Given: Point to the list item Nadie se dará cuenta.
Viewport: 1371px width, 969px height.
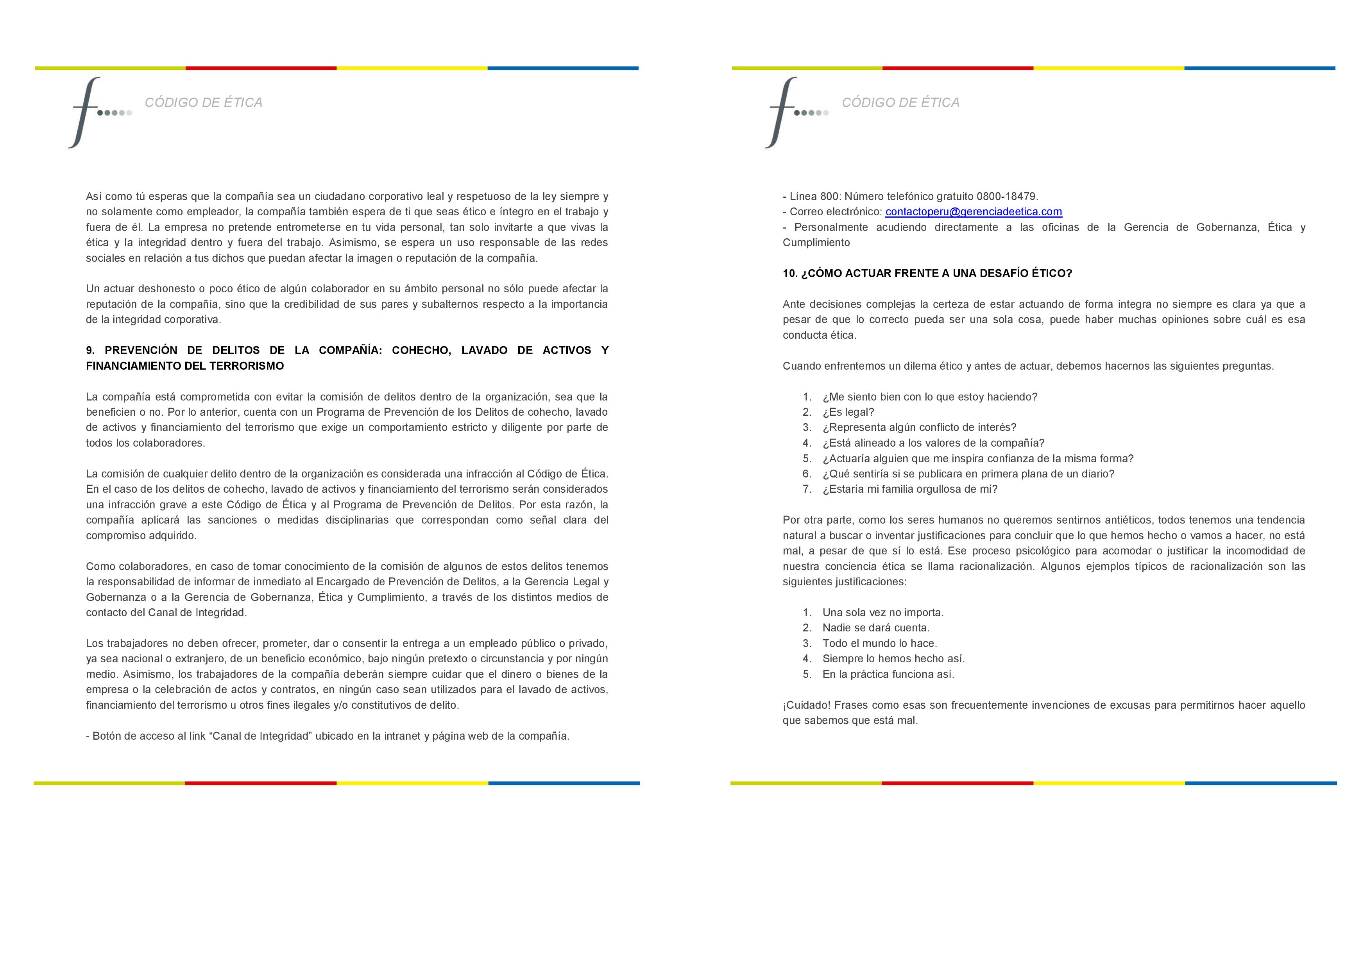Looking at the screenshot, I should pos(876,628).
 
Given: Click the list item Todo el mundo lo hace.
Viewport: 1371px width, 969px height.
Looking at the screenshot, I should pos(880,644).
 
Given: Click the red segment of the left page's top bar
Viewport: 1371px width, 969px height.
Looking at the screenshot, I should pos(261,68).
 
